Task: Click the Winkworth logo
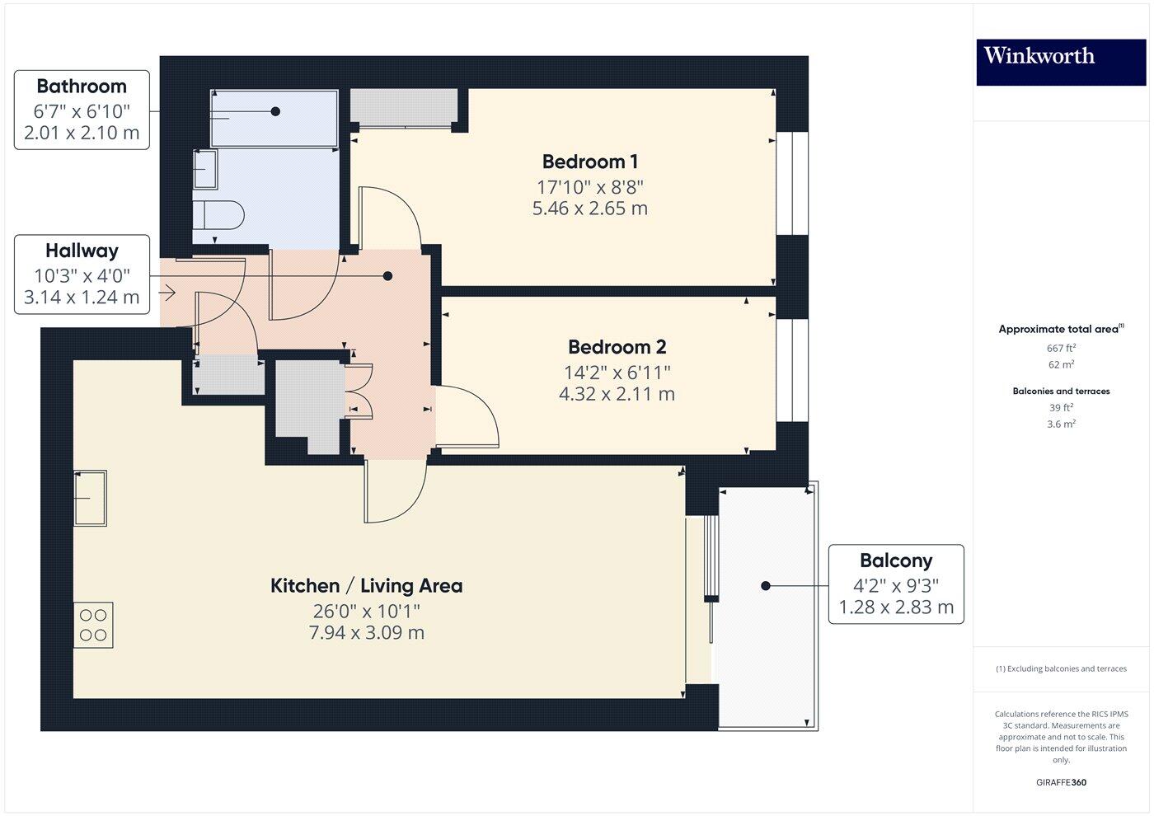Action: pyautogui.click(x=1039, y=56)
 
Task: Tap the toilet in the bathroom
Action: pyautogui.click(x=218, y=216)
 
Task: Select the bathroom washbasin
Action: pyautogui.click(x=204, y=170)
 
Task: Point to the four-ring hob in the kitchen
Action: pyautogui.click(x=93, y=625)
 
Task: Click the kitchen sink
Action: pyautogui.click(x=90, y=498)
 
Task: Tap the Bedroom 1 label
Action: pyautogui.click(x=589, y=162)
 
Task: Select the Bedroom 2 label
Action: pyautogui.click(x=617, y=347)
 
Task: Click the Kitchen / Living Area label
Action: pyautogui.click(x=366, y=586)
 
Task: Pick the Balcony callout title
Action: pyautogui.click(x=895, y=560)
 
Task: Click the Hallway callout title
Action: pyautogui.click(x=82, y=251)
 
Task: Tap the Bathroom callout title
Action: pyautogui.click(x=82, y=87)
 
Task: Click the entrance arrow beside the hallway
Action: pyautogui.click(x=168, y=293)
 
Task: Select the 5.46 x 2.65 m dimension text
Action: pyautogui.click(x=589, y=209)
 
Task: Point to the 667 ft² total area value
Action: pyautogui.click(x=1060, y=348)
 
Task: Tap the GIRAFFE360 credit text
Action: pyautogui.click(x=1060, y=782)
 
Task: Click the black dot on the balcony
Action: pyautogui.click(x=765, y=586)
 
